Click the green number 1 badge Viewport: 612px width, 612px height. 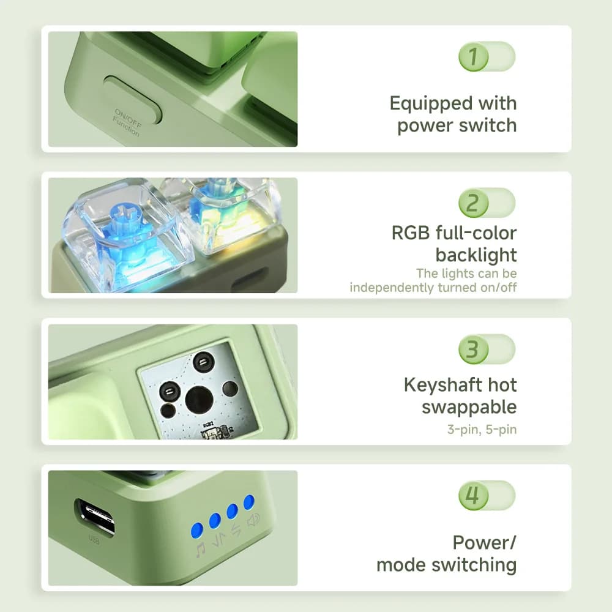coord(474,56)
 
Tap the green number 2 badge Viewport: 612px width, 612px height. coord(474,203)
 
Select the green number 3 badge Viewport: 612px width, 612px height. coord(474,349)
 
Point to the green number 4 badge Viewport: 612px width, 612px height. coord(474,496)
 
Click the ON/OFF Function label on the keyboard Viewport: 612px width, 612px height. coord(127,122)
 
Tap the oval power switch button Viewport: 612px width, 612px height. coord(133,100)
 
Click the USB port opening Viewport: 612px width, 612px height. coord(95,517)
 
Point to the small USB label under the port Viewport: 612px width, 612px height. coord(94,540)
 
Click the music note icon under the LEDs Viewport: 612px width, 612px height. coord(200,549)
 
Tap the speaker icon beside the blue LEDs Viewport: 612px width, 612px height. coord(253,520)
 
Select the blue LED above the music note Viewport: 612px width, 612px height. coord(197,531)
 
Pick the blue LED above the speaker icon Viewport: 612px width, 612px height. coord(249,502)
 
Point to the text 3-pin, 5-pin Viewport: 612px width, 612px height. coord(482,430)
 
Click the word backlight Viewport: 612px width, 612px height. coord(476,255)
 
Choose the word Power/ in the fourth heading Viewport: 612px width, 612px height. coord(484,543)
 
